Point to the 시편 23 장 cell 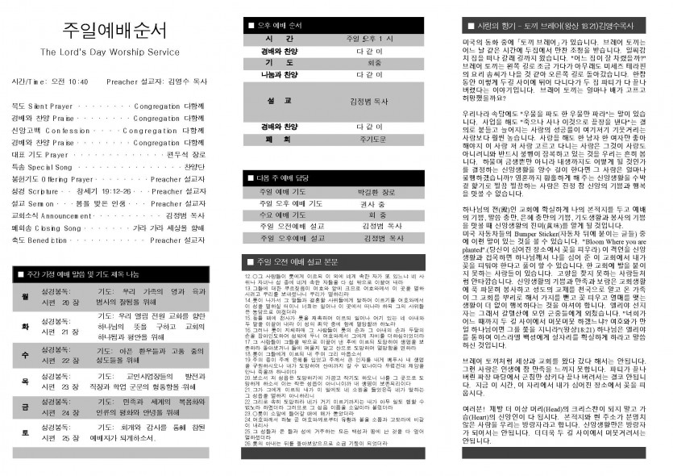[x=60, y=388]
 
